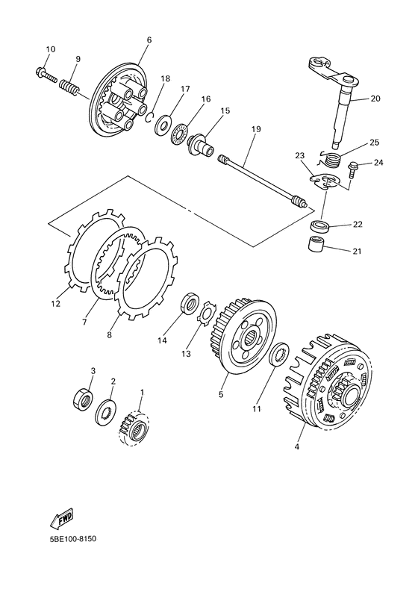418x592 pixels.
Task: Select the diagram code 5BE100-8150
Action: [73, 538]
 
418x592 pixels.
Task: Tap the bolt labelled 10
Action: [46, 75]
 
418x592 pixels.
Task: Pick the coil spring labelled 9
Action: [69, 88]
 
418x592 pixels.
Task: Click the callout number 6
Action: [149, 40]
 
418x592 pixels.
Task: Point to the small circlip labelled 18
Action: [150, 117]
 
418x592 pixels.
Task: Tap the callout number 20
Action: [375, 99]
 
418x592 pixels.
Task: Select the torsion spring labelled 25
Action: [331, 158]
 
